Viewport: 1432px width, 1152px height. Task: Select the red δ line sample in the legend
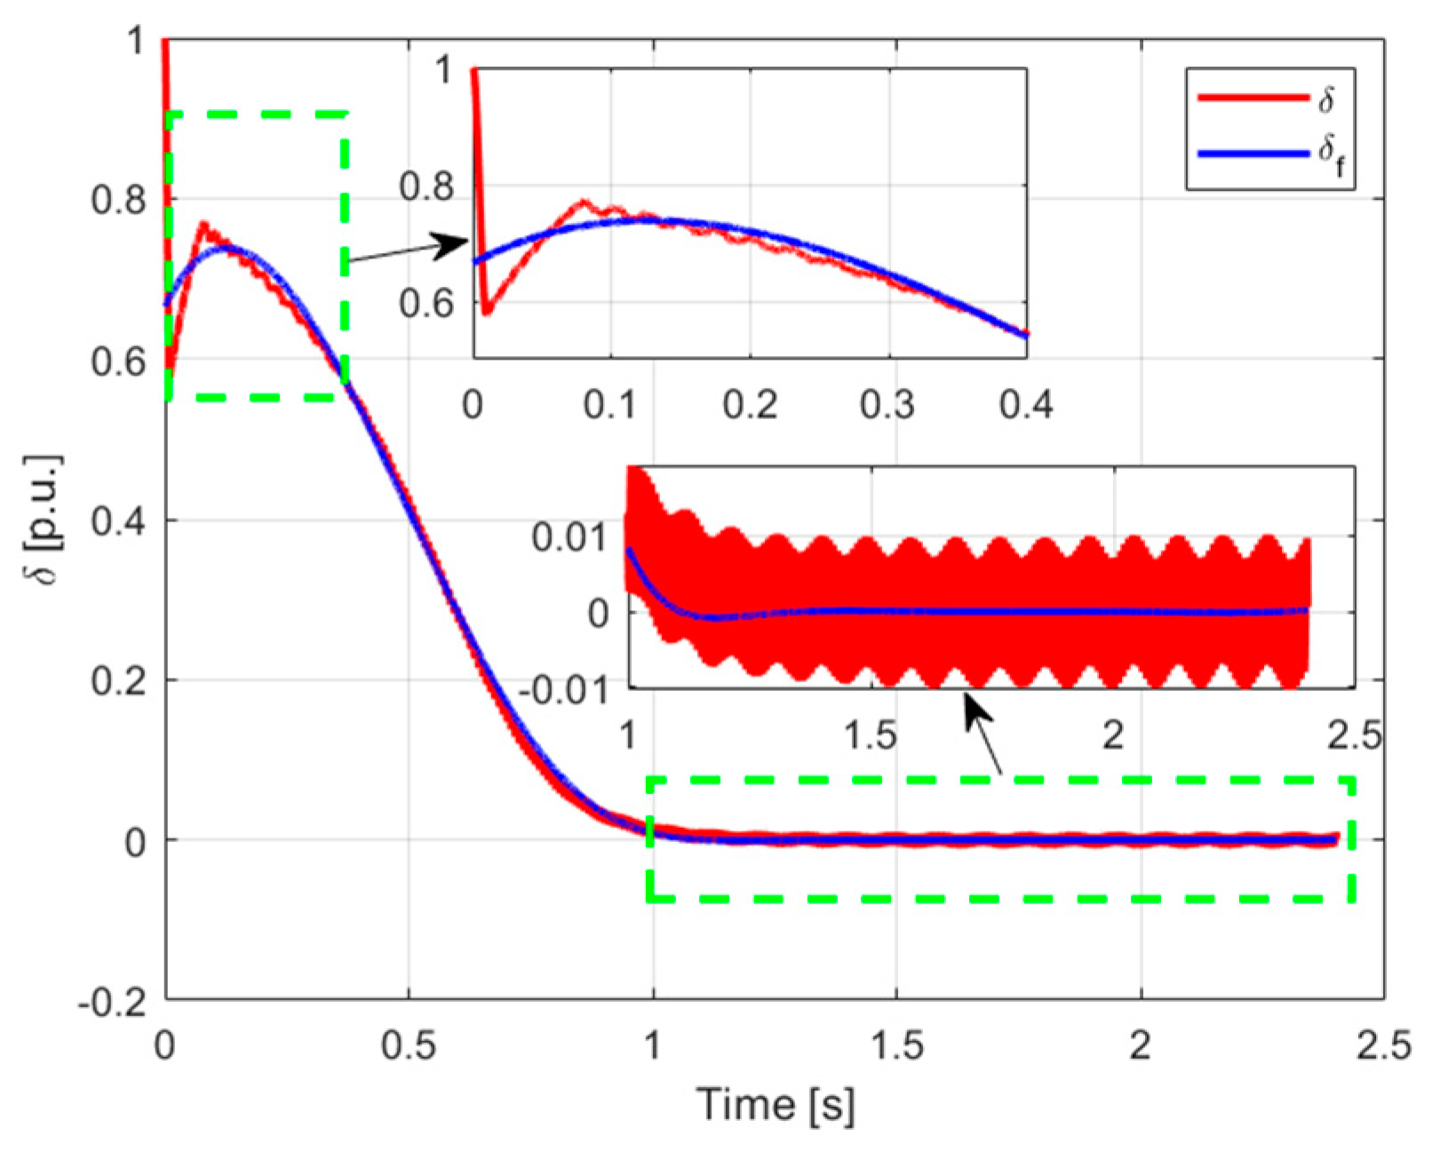click(x=1253, y=98)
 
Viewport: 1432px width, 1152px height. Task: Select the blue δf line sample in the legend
click(x=1253, y=154)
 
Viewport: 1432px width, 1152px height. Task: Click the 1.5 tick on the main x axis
click(x=896, y=1046)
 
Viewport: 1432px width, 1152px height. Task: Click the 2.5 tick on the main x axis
click(x=1383, y=1046)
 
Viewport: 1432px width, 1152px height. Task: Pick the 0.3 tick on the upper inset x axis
click(x=887, y=405)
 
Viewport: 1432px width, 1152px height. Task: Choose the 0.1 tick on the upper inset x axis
click(x=610, y=405)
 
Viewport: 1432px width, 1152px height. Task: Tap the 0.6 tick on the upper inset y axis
click(x=426, y=304)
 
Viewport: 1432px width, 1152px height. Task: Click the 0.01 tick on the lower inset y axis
click(x=569, y=537)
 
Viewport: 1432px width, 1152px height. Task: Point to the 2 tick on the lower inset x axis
click(x=1113, y=735)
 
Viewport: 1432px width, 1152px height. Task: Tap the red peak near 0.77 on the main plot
click(x=203, y=224)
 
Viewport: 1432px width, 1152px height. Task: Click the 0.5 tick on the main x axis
click(x=409, y=1046)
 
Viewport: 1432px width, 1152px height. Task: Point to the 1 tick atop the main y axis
click(x=135, y=41)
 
